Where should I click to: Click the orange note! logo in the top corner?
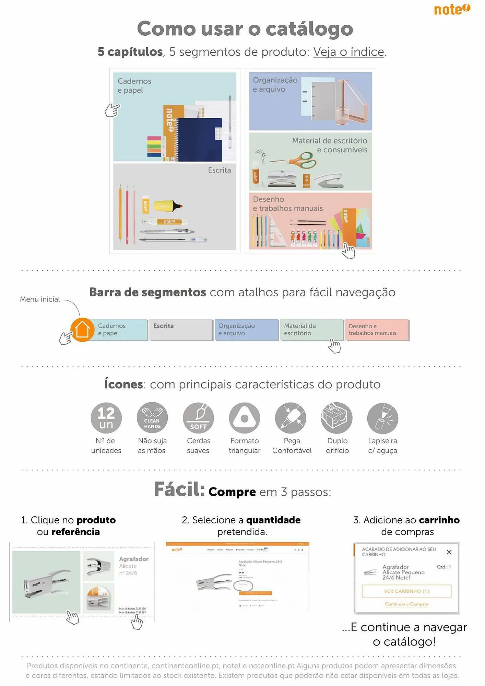pos(452,9)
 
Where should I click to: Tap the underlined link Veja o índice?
pos(348,52)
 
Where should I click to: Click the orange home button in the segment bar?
pos(83,330)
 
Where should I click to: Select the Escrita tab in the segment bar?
pos(181,330)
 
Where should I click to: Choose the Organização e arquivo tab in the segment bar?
pos(246,330)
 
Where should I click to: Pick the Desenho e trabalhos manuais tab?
pos(377,330)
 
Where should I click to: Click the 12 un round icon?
pos(106,418)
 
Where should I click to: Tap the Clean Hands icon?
pos(152,418)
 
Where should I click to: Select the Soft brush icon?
pos(198,418)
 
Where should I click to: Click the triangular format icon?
pos(245,418)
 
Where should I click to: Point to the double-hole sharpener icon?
pos(337,418)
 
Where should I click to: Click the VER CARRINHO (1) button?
pos(406,591)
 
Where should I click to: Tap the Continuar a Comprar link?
pos(406,604)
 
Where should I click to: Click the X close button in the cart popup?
pos(449,552)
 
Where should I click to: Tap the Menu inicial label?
pos(40,299)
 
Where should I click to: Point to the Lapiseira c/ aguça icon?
pos(382,418)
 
